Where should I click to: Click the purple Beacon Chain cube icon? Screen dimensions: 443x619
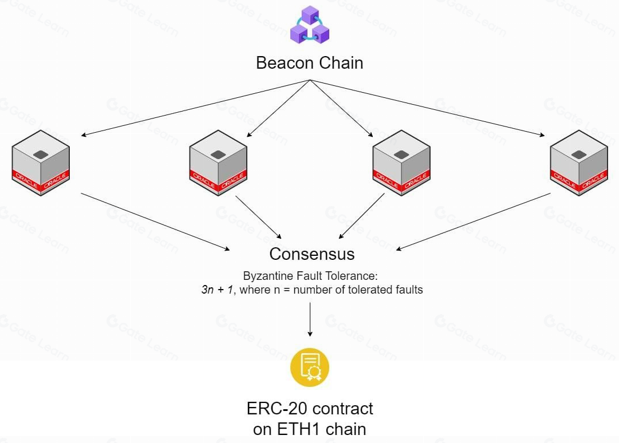[x=309, y=25]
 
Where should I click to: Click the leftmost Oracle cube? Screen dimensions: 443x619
[x=41, y=163]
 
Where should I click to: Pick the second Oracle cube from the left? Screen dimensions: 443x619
[x=218, y=163]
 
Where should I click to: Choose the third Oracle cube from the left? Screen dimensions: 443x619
[x=401, y=163]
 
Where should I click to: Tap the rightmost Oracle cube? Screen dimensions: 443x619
[x=579, y=163]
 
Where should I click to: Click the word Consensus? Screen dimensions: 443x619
[x=312, y=254]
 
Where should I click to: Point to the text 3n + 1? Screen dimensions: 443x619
[x=218, y=290]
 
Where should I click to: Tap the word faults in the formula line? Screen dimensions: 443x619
[x=408, y=290]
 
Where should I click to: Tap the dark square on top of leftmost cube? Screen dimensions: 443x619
[x=40, y=154]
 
